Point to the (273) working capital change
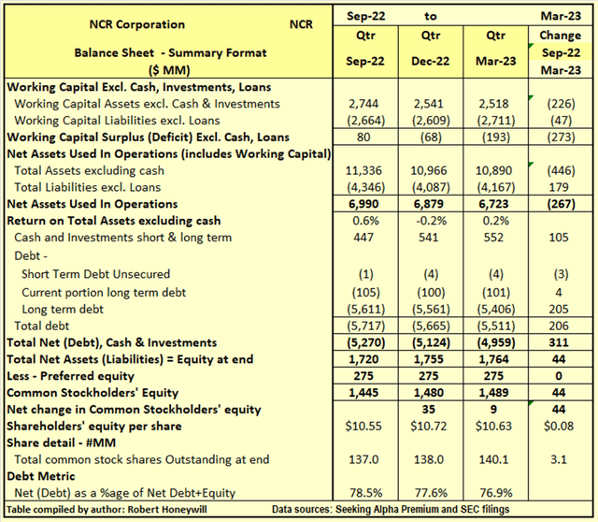(x=562, y=138)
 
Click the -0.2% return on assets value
(x=430, y=221)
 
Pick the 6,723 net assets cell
(x=495, y=203)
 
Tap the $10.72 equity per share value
(x=430, y=426)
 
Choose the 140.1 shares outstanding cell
(x=495, y=459)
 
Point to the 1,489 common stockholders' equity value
(x=495, y=392)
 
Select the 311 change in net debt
(x=562, y=341)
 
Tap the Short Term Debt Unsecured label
(x=95, y=272)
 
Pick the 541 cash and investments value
(x=430, y=239)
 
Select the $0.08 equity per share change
(x=562, y=426)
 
